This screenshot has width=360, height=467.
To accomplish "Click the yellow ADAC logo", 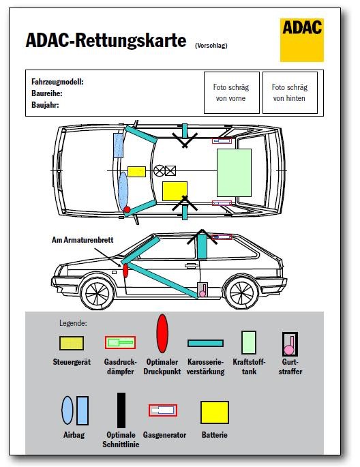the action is click(x=301, y=40).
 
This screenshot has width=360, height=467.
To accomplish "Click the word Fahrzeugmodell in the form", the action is click(x=57, y=82).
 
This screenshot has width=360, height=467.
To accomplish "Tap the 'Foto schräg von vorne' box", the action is click(x=231, y=93).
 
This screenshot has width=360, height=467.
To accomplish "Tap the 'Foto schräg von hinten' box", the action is click(x=290, y=93).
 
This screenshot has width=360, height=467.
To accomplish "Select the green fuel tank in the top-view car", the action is click(x=234, y=172).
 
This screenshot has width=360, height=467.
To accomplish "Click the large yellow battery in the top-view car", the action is click(x=175, y=191).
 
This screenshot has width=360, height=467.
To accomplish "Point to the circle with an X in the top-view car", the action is click(x=159, y=170).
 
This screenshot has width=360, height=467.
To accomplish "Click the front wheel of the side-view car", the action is click(x=97, y=293).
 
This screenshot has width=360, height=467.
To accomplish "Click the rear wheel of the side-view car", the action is click(x=241, y=293).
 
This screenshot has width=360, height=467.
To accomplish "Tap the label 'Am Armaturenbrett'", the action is click(x=82, y=240).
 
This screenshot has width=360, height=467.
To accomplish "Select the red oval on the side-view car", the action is click(x=125, y=271).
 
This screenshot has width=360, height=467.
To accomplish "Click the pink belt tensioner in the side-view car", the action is click(x=202, y=290).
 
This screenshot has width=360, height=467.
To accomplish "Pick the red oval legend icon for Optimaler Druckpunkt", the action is click(x=162, y=333).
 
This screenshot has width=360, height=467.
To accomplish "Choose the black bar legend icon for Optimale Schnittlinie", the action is click(x=121, y=410).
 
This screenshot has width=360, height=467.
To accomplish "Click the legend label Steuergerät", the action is click(x=72, y=362).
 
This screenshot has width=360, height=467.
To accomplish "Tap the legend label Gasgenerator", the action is click(x=164, y=435).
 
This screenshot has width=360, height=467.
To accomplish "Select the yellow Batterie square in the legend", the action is click(x=215, y=412).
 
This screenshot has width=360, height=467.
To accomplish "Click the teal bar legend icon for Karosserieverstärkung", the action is click(x=205, y=343).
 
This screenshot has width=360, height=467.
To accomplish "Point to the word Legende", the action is click(x=73, y=323).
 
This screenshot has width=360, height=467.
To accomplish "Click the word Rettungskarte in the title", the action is click(x=131, y=40).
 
